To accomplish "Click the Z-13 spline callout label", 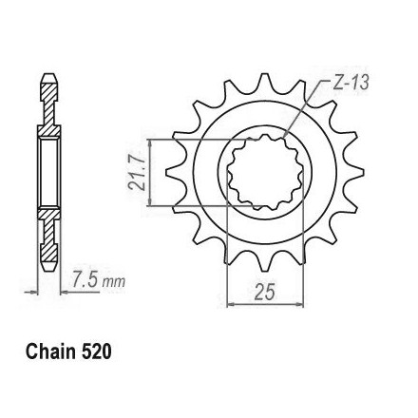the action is coord(351,83).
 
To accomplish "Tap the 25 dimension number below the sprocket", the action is coord(264,292).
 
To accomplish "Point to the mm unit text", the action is coord(113,281).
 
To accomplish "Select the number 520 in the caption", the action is coord(97,351).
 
